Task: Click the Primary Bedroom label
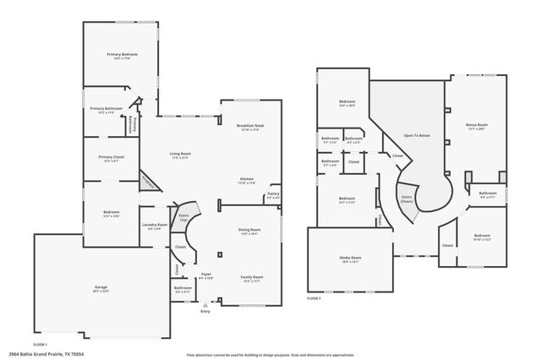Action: pos(122,54)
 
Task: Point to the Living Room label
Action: pos(181,154)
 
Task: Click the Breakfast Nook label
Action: pos(250,125)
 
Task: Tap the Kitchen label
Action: pos(247,179)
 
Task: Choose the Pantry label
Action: pos(273,194)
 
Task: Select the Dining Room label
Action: pos(249,229)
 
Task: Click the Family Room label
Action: pos(252,276)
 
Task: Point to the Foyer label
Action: pos(205,274)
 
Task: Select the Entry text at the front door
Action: pos(205,312)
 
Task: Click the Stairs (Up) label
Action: pos(183,217)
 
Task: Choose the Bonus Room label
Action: pos(478,125)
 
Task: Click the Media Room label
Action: pos(350,259)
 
